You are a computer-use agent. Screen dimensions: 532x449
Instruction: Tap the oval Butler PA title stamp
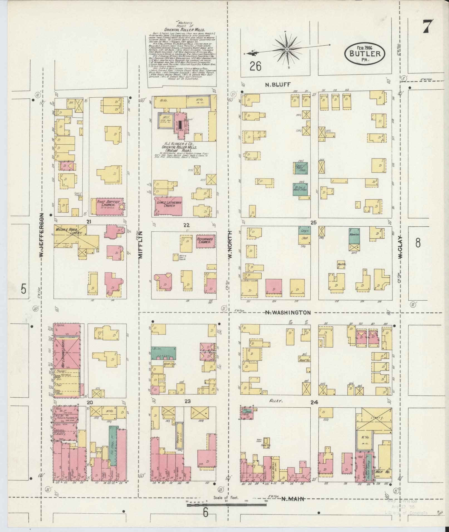tap(365, 53)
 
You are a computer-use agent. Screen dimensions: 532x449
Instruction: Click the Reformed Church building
tap(205, 241)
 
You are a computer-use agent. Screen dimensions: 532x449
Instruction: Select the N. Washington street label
tap(288, 313)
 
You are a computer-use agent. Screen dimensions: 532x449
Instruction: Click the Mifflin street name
tap(140, 245)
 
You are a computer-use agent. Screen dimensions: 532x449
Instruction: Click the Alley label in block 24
tap(276, 401)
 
